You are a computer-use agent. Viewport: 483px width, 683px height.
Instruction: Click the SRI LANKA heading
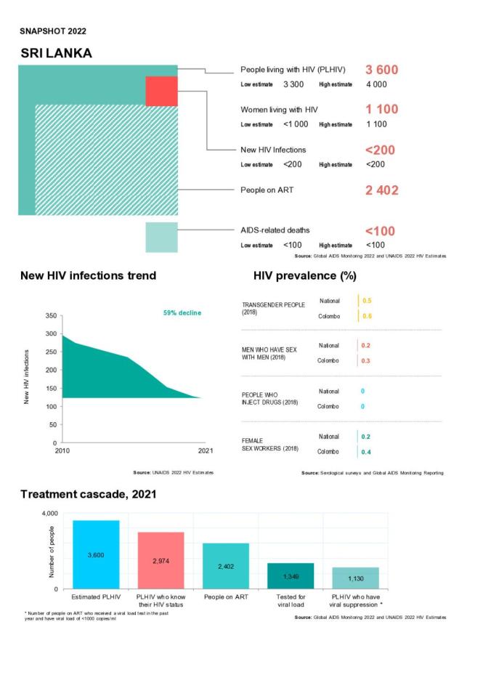(56, 54)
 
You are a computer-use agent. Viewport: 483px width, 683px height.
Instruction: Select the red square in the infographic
(161, 91)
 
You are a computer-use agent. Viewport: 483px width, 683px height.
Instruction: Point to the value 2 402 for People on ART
(381, 190)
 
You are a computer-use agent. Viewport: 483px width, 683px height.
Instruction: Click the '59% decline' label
(182, 313)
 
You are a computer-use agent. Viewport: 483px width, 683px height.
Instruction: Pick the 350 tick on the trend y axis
(49, 316)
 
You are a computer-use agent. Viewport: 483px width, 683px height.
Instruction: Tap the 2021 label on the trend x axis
(205, 451)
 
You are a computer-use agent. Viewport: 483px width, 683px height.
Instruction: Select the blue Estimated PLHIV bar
(96, 554)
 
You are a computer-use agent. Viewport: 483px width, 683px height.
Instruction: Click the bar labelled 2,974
(161, 560)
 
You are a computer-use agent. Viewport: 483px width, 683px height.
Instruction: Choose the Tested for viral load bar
(291, 575)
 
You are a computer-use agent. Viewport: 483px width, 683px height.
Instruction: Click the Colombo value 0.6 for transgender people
(367, 316)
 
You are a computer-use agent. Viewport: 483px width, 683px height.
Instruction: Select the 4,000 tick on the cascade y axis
(46, 514)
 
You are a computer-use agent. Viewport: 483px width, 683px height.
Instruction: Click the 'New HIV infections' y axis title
(28, 376)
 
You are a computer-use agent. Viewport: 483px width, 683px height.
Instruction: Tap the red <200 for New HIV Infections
(380, 150)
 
